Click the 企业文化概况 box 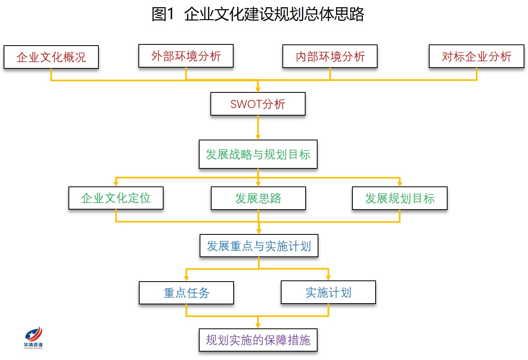click(x=51, y=57)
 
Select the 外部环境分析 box click(x=186, y=56)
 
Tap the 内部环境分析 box click(x=330, y=56)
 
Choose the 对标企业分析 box click(x=477, y=56)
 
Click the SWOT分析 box click(x=258, y=104)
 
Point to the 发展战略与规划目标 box click(x=258, y=154)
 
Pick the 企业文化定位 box click(x=116, y=198)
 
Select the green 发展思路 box click(x=258, y=198)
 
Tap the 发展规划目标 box click(x=400, y=198)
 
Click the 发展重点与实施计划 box click(x=259, y=246)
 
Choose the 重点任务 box click(x=186, y=293)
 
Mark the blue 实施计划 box click(x=328, y=292)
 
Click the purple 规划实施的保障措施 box click(x=258, y=340)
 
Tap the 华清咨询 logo click(x=33, y=338)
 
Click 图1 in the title click(x=163, y=14)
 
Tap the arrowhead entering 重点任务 click(x=186, y=278)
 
